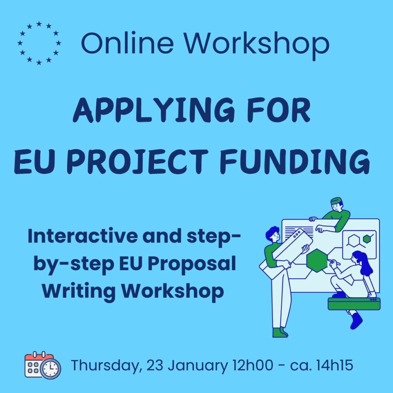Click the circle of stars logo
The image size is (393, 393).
[39, 43]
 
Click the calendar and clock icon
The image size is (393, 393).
[43, 365]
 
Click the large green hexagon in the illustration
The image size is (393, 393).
[317, 260]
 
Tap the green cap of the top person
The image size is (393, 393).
[337, 201]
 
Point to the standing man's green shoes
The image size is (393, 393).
[280, 332]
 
